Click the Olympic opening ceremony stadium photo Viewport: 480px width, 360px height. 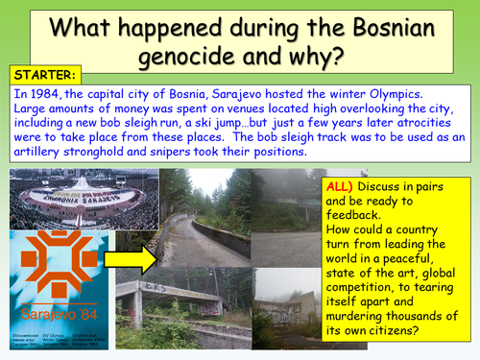point(62,199)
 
